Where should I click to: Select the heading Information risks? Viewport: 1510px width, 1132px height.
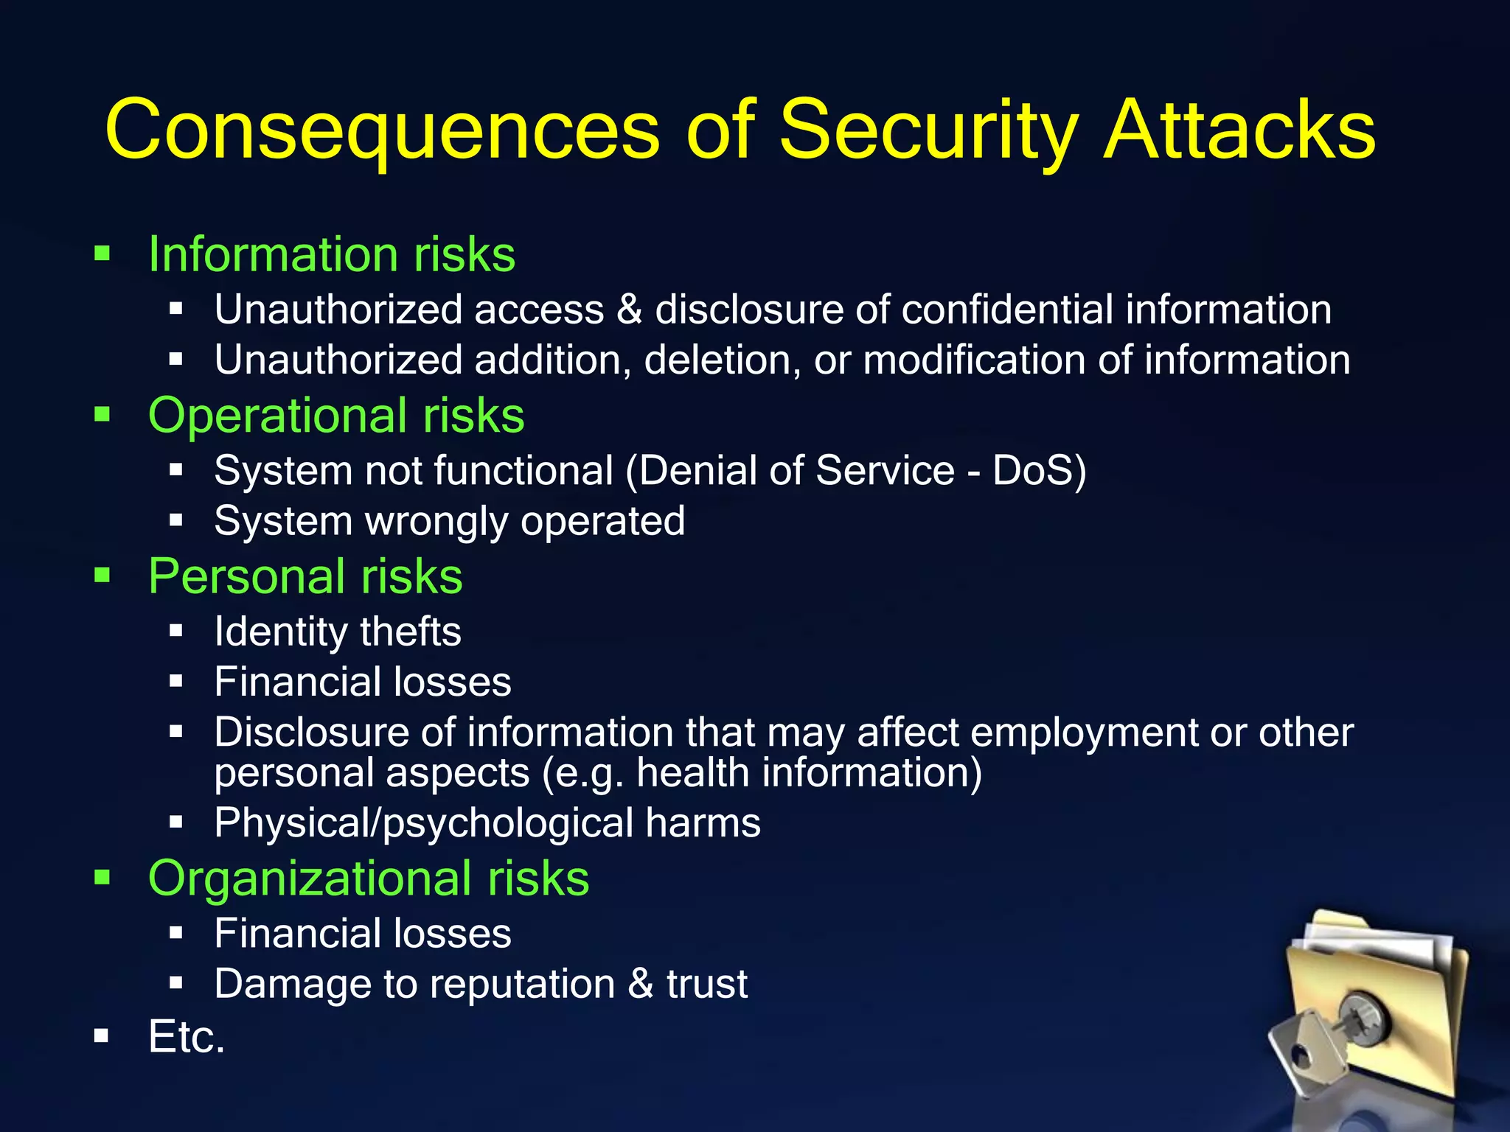click(x=331, y=254)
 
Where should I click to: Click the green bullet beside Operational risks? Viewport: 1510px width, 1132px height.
click(x=102, y=415)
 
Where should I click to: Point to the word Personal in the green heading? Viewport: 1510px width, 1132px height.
click(x=243, y=576)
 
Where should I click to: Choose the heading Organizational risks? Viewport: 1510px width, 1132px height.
click(x=368, y=878)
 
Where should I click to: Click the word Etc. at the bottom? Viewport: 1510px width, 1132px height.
click(x=186, y=1037)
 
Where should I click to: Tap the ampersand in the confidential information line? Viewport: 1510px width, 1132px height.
click(x=629, y=310)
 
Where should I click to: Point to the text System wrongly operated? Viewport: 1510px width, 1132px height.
click(x=449, y=522)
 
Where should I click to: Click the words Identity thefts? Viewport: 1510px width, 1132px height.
click(x=337, y=632)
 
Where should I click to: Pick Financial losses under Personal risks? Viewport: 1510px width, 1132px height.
click(x=362, y=682)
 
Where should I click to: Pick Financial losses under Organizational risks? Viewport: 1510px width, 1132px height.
click(x=362, y=934)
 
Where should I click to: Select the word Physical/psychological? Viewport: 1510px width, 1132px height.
click(x=423, y=823)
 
